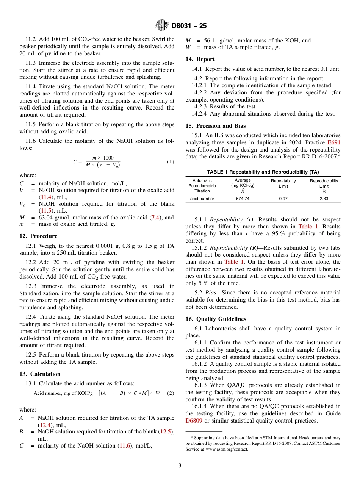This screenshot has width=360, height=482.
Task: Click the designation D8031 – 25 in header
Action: click(189, 26)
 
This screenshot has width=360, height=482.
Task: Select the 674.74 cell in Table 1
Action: click(243, 199)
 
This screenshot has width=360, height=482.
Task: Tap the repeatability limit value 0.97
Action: click(283, 199)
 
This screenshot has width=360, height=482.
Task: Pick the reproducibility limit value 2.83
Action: click(324, 199)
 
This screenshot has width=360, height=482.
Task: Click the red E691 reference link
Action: click(334, 142)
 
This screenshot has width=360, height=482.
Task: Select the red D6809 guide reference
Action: click(193, 421)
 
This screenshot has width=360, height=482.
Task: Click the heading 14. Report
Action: click(200, 59)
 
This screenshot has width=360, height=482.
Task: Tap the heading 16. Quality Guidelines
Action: click(216, 319)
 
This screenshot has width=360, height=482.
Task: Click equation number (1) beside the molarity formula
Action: click(171, 162)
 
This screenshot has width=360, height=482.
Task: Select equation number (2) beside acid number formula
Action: click(171, 393)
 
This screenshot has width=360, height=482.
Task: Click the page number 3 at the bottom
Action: click(180, 465)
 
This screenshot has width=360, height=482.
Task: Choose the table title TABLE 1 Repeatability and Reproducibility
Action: click(263, 172)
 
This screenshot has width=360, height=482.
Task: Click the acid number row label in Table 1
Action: click(202, 199)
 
